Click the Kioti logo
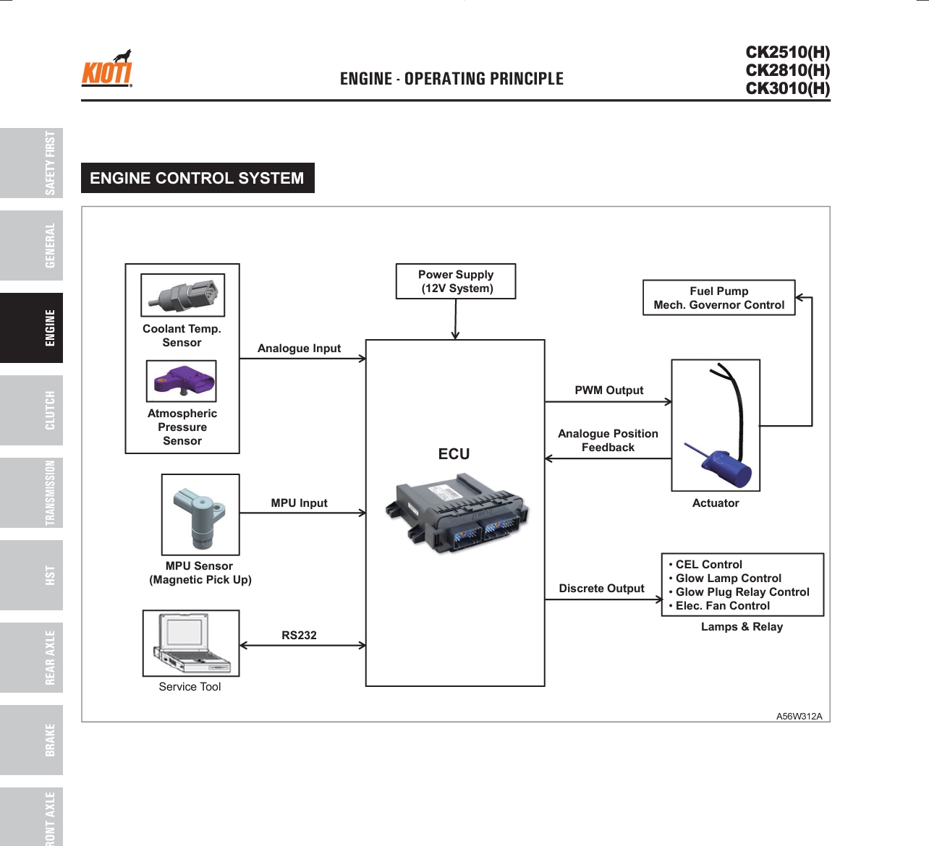107,69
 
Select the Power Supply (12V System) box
456,281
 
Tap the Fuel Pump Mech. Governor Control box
719,298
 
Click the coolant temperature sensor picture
182,295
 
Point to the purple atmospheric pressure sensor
181,381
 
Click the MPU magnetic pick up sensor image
200,515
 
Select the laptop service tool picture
191,643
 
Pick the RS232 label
300,635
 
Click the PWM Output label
609,390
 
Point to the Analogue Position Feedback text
608,440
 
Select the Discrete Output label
602,589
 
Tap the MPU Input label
300,503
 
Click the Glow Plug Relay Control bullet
742,592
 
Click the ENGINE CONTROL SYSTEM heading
198,178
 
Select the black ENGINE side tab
32,328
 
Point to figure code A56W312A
799,717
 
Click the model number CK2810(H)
788,70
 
